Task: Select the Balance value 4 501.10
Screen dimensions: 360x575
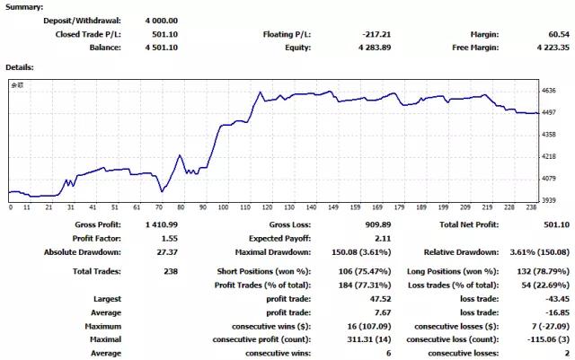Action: tap(158, 48)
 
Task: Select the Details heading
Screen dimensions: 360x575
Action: tap(21, 67)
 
